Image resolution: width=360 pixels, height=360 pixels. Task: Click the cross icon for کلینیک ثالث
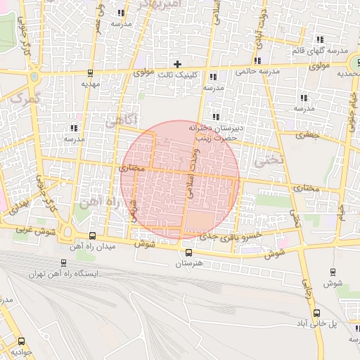click(177, 64)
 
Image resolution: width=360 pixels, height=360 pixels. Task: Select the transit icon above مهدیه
click(91, 73)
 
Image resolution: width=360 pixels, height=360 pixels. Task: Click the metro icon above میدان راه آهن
click(93, 236)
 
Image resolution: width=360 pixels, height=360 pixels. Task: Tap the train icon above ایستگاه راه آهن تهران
click(64, 263)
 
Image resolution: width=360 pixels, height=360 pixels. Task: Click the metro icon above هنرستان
click(188, 253)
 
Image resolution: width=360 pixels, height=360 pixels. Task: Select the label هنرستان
click(188, 264)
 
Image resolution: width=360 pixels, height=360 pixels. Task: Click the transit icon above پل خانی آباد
click(317, 313)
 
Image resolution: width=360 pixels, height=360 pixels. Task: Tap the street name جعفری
click(307, 134)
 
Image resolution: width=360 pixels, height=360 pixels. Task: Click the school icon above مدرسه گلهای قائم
click(320, 40)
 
